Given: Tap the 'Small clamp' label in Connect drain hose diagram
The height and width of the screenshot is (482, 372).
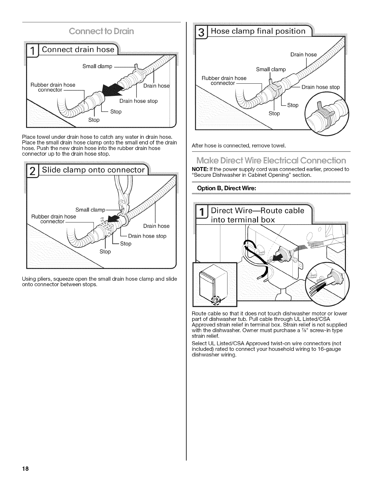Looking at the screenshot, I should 97,66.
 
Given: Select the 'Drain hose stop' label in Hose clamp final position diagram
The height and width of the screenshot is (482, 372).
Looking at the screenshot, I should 320,87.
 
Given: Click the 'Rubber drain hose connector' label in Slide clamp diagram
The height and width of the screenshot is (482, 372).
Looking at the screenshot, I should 53,219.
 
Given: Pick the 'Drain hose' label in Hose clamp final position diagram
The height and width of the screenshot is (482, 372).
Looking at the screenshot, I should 303,55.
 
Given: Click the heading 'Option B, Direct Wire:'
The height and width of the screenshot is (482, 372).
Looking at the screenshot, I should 226,188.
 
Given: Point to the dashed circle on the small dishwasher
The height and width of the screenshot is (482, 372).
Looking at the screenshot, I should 216,300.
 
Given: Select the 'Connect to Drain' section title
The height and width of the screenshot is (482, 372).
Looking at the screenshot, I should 102,31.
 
